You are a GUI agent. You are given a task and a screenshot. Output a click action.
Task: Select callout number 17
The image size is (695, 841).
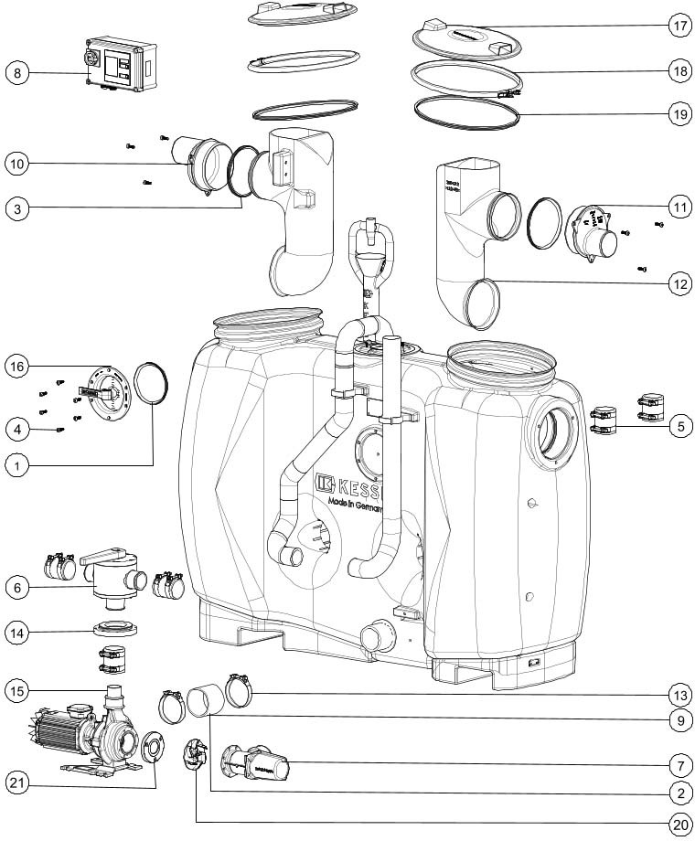[x=679, y=26]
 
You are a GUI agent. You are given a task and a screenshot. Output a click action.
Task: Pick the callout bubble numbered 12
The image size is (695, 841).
[x=679, y=284]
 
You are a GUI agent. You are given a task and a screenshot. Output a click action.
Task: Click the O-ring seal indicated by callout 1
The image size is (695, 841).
[x=152, y=383]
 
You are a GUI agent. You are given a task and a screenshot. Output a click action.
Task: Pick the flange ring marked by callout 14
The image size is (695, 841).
[x=115, y=630]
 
